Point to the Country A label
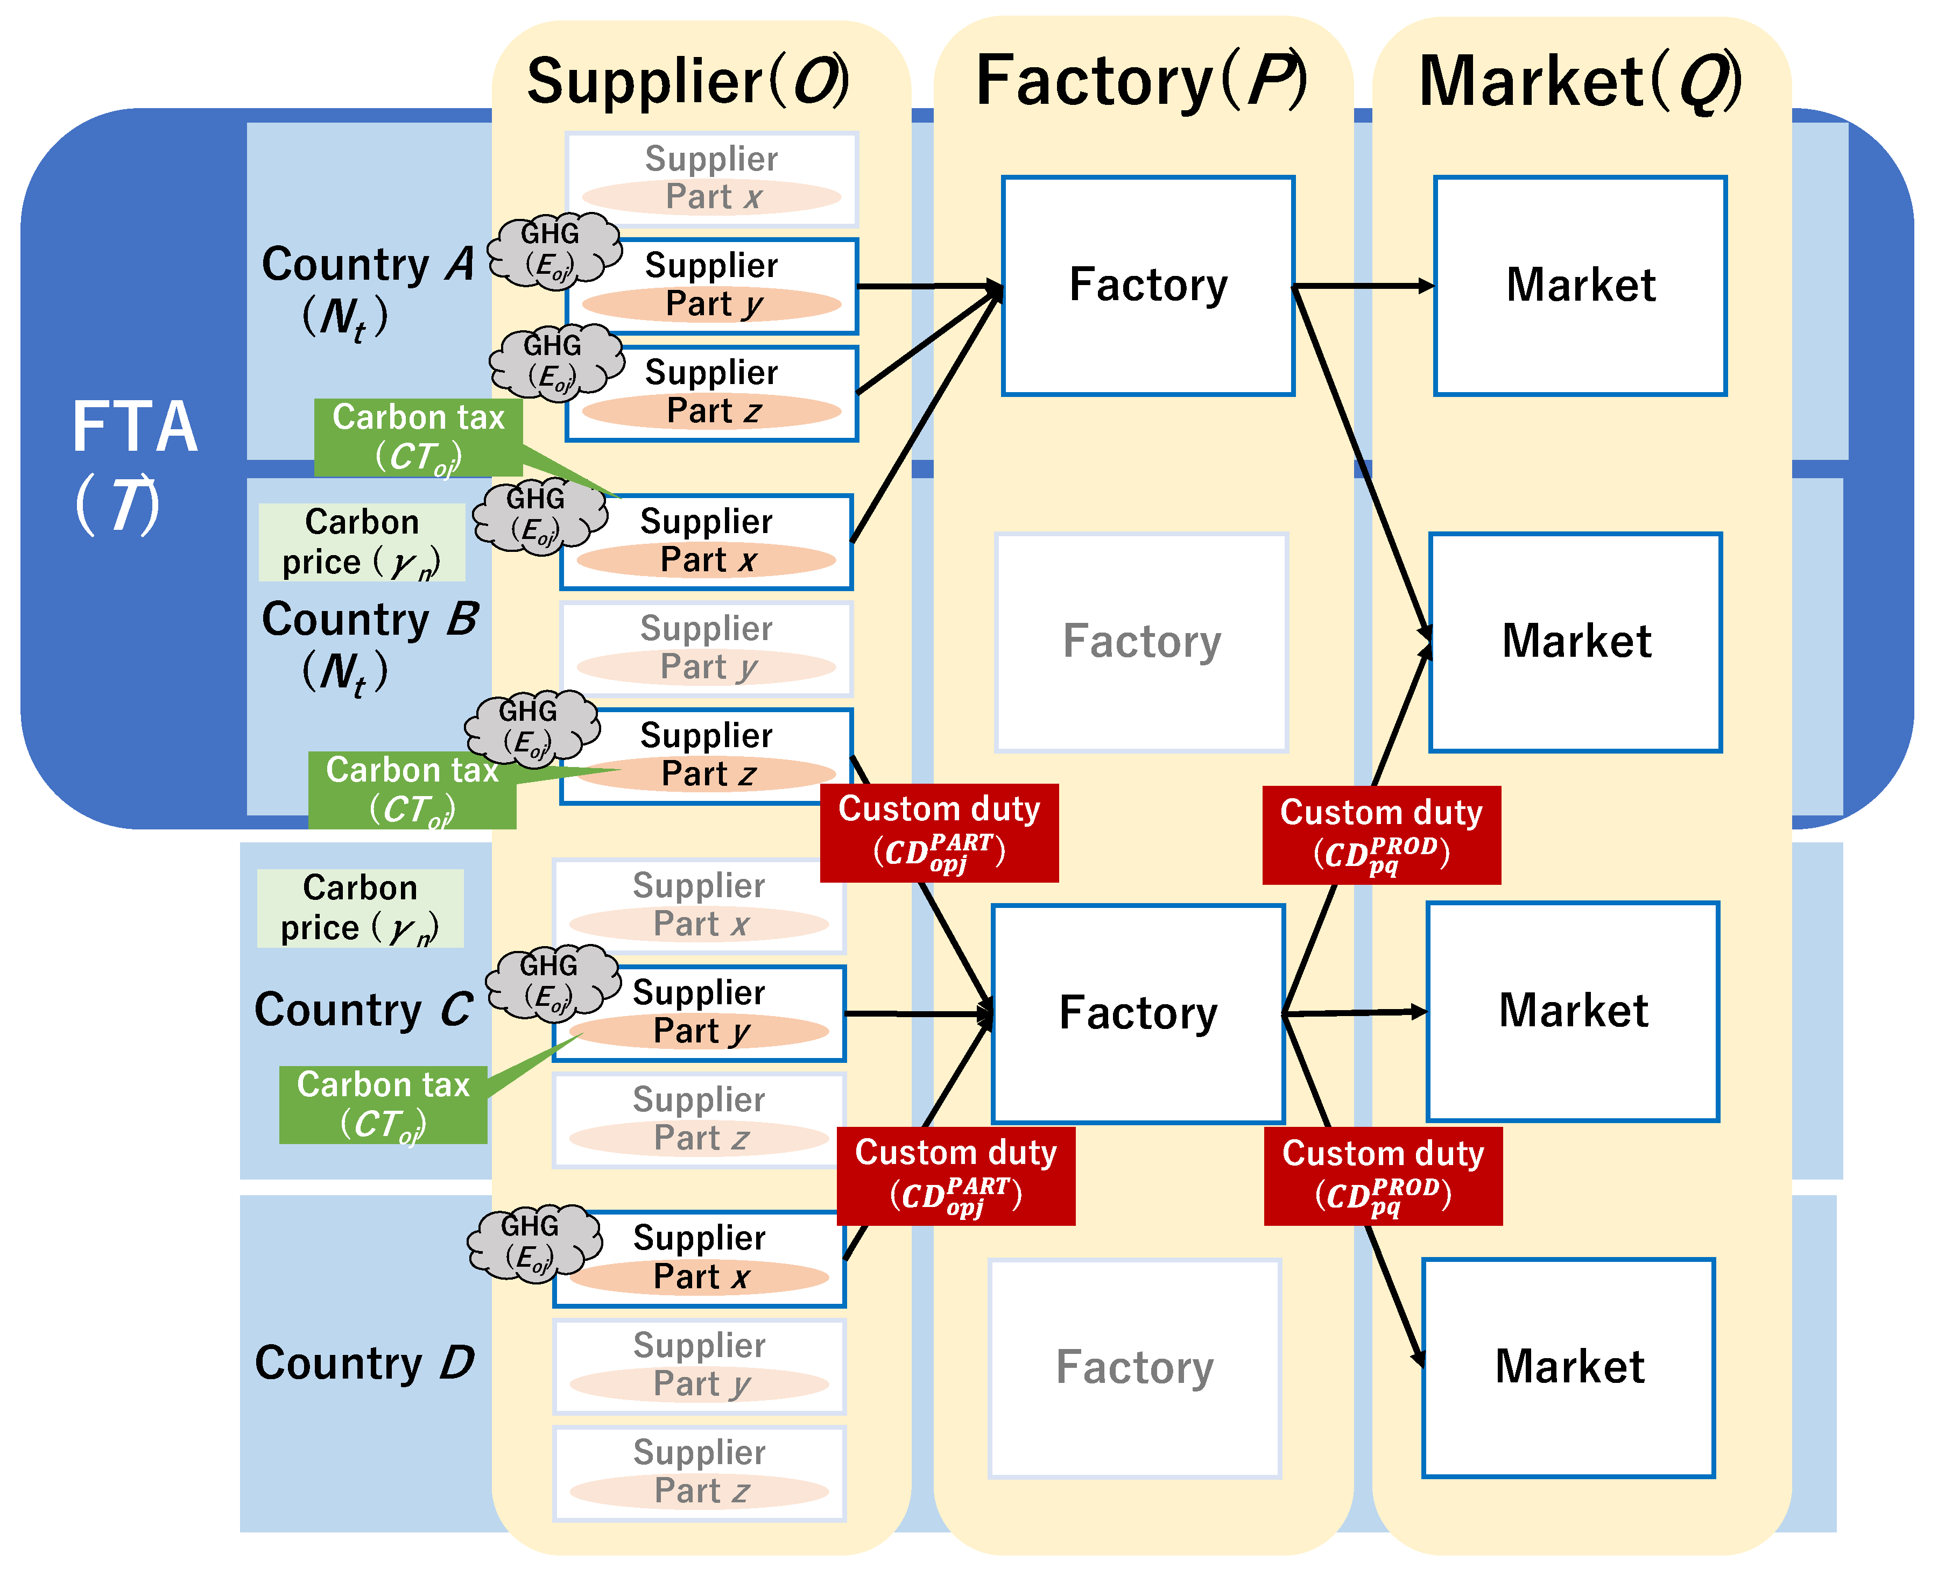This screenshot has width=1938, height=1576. pos(367,265)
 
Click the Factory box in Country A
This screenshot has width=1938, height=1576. pos(1148,286)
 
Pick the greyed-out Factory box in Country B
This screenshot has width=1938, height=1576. pos(1141,642)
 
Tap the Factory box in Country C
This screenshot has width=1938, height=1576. pos(1138,1013)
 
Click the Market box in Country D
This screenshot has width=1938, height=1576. pos(1568,1367)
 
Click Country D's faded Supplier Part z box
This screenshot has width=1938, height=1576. pos(699,1473)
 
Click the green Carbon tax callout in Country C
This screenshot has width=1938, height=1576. pos(383,1104)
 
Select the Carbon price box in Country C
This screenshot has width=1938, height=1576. pos(361,908)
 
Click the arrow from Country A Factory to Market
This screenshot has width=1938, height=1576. pos(1362,286)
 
